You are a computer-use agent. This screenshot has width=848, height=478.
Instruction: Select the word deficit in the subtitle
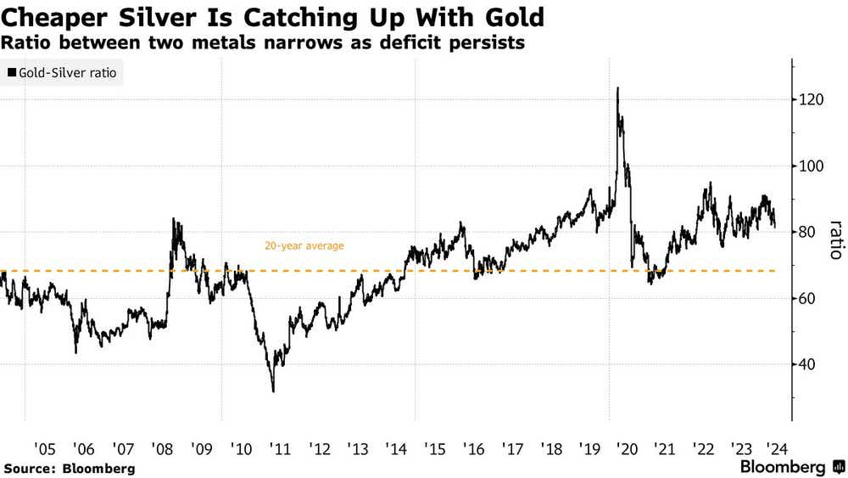(399, 42)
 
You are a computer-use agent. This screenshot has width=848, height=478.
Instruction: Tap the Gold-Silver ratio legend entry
(63, 74)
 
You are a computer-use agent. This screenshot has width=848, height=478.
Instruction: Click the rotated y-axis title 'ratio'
(834, 240)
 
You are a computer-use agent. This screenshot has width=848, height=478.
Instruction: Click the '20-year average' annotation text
(304, 246)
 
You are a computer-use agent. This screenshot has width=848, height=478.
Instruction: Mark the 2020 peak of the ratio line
(616, 88)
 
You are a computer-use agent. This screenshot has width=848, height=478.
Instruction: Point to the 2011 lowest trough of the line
(273, 391)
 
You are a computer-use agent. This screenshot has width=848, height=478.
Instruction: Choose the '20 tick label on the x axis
(627, 447)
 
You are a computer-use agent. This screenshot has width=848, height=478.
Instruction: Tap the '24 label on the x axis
(776, 447)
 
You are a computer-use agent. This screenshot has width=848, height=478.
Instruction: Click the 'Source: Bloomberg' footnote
(70, 468)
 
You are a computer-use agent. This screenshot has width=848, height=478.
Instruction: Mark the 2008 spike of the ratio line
(173, 220)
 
